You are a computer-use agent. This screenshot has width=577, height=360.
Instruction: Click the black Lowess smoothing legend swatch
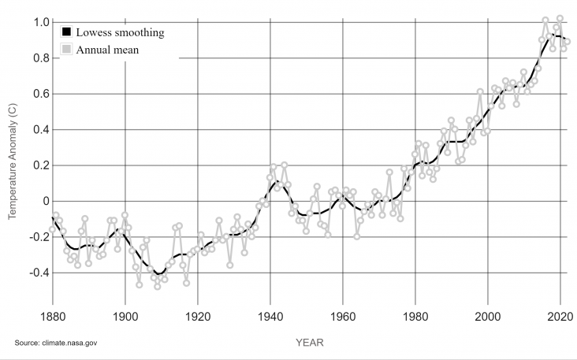pos(67,32)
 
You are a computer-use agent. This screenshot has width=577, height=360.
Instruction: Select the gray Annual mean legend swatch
pos(67,50)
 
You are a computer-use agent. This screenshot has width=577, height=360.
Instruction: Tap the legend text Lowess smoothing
pos(120,32)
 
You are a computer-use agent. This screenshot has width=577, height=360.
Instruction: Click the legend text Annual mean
pos(107,50)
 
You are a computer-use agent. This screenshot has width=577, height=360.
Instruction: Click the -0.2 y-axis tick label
pos(35,236)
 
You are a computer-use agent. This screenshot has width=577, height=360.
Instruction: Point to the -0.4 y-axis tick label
pos(35,273)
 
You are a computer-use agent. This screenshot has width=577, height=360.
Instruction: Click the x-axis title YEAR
pos(308,343)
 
